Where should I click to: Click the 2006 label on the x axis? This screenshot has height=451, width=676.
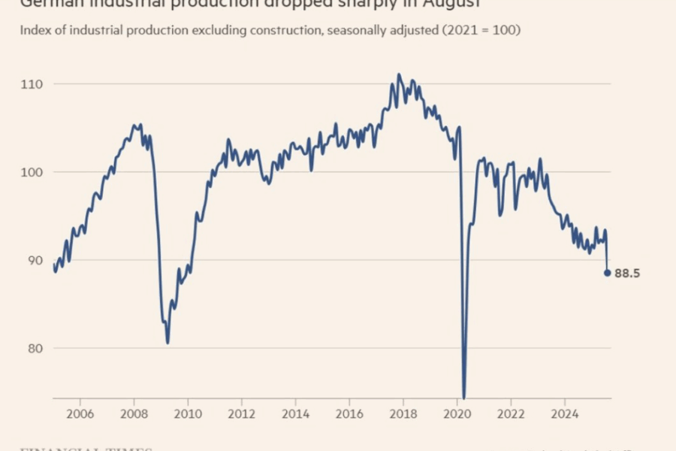[80, 413]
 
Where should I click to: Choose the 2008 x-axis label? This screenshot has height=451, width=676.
[134, 413]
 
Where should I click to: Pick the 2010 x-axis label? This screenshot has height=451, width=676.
[188, 413]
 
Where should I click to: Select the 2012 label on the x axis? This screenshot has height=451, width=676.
[242, 413]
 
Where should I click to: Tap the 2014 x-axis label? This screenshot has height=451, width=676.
[296, 413]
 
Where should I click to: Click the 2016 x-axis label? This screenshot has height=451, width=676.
[350, 413]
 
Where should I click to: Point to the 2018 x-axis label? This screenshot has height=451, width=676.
[404, 413]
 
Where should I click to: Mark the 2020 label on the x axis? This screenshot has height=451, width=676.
[457, 413]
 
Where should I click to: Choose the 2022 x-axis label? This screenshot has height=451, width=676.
[512, 413]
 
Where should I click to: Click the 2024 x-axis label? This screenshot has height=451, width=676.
[566, 413]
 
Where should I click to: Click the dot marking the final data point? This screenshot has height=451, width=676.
[607, 273]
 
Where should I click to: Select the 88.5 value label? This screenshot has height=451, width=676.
[627, 274]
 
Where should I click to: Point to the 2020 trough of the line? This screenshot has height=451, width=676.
[464, 398]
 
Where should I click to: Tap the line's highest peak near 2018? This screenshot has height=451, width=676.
[399, 74]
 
